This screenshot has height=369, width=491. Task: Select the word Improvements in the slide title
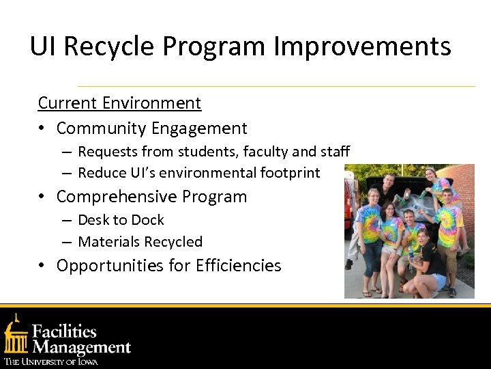[x=362, y=46]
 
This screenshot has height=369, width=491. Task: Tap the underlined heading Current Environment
[x=119, y=103]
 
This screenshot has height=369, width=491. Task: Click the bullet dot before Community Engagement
[x=42, y=128]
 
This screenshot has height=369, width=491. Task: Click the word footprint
[x=290, y=173]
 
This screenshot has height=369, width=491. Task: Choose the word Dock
[x=149, y=220]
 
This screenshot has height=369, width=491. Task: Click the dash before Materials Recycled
[x=66, y=242]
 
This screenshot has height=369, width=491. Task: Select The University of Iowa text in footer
[x=51, y=361]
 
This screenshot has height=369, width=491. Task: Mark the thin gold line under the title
[x=276, y=87]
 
